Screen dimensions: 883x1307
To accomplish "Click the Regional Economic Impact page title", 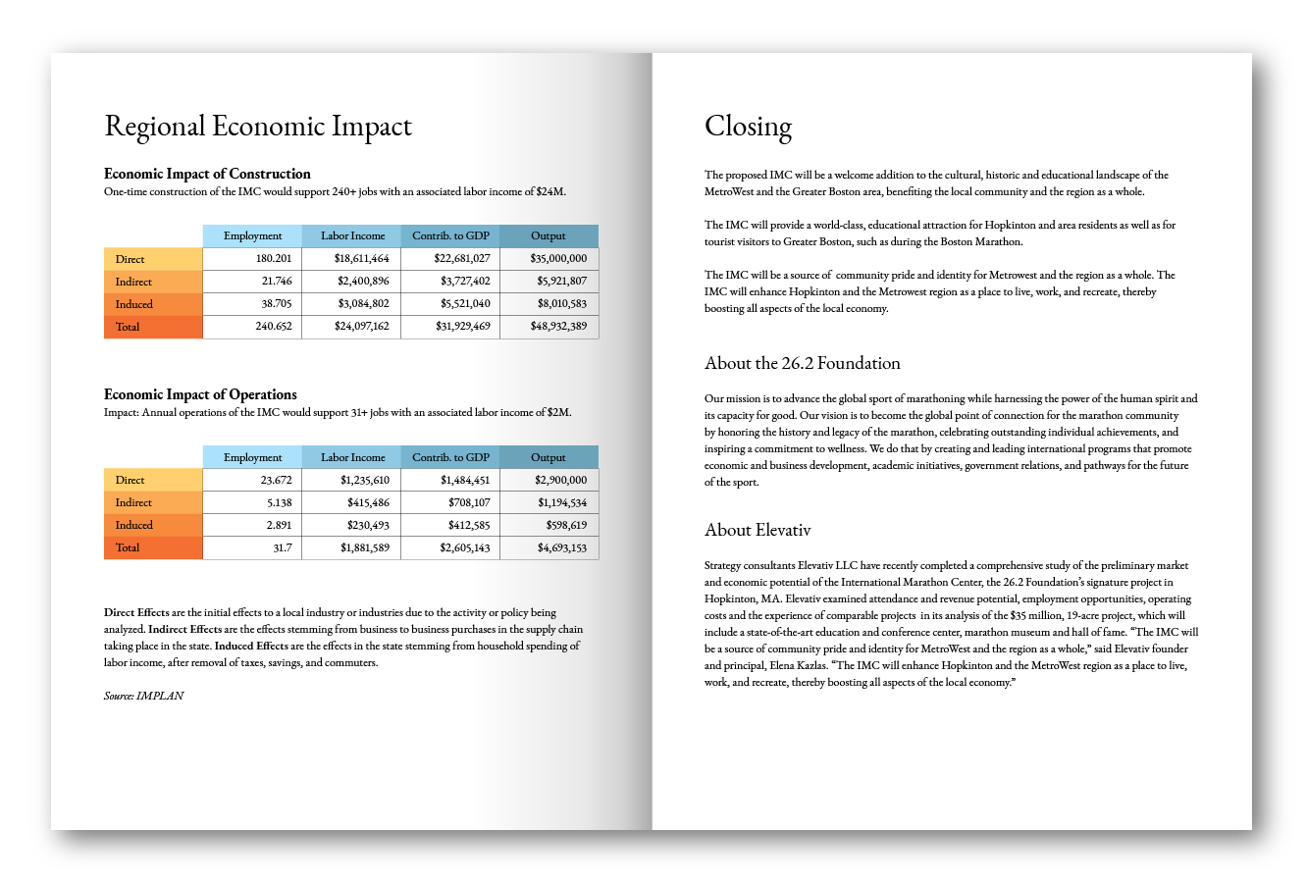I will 258,127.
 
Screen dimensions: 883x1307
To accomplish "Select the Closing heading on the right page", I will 748,127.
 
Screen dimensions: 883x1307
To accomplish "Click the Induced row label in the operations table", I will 134,525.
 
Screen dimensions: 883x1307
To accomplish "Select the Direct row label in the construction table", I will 130,259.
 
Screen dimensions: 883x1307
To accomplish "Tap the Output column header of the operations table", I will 549,457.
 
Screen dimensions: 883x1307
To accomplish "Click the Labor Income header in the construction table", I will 352,235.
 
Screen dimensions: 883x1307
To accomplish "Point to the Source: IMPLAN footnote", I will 143,696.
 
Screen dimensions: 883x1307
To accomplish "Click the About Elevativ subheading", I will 758,530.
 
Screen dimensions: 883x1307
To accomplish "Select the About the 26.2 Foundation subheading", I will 802,363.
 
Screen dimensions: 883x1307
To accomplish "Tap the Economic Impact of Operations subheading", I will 200,394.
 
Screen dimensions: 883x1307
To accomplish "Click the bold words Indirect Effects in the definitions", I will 185,629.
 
